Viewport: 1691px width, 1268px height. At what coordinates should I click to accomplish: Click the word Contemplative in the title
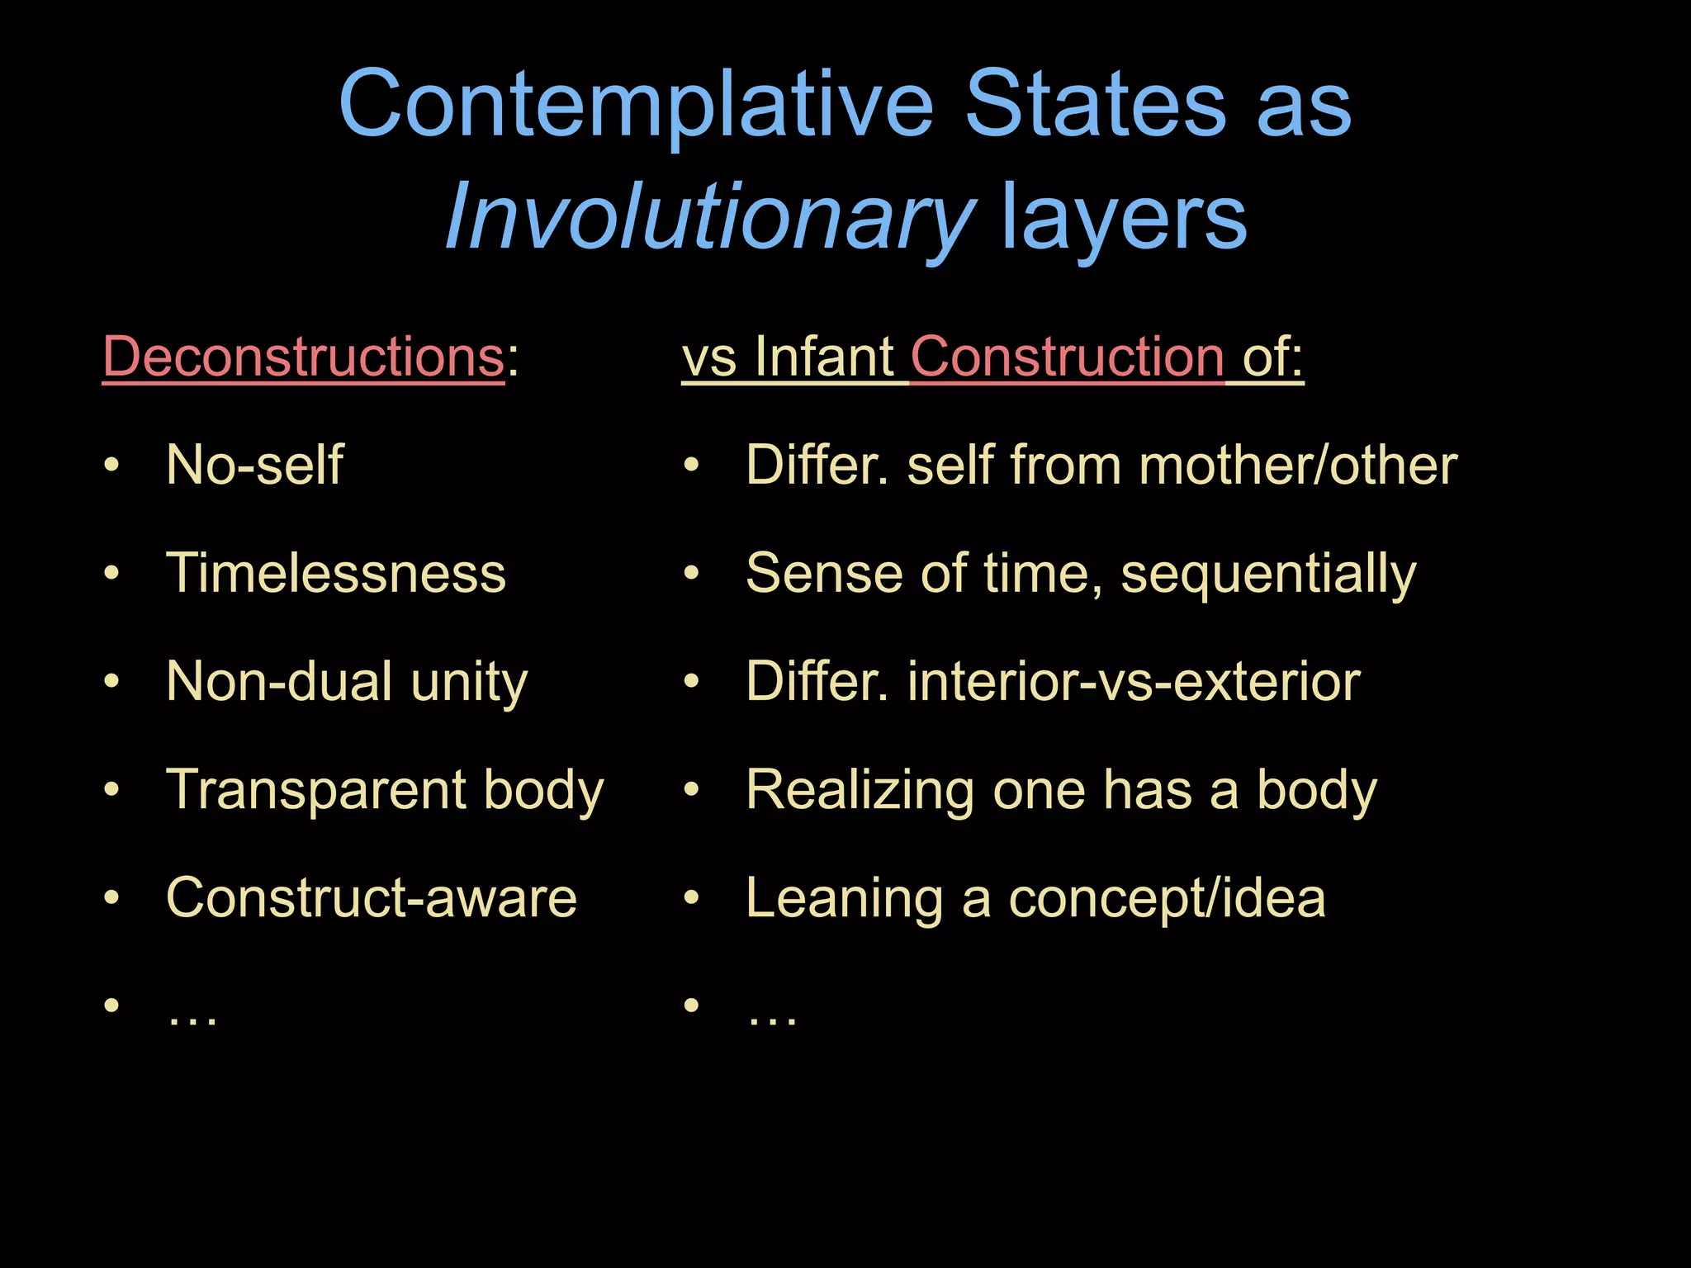coord(636,105)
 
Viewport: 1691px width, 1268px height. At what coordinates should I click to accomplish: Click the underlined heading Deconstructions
coord(303,357)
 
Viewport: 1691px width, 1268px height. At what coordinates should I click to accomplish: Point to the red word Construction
coord(1067,357)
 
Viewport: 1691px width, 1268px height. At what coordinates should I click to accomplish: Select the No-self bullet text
coord(254,465)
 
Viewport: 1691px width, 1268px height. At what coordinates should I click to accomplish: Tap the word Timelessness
coord(335,573)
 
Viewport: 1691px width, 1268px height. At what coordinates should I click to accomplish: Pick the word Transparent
coord(315,790)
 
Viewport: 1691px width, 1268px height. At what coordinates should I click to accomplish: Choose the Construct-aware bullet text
coord(371,897)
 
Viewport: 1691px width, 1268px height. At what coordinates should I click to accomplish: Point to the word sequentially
coord(1268,575)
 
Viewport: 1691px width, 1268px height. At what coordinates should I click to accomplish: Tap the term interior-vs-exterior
coord(1134,682)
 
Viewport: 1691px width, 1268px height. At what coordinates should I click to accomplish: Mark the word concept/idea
coord(1167,898)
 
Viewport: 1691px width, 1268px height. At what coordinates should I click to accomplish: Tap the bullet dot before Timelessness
coord(112,573)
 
